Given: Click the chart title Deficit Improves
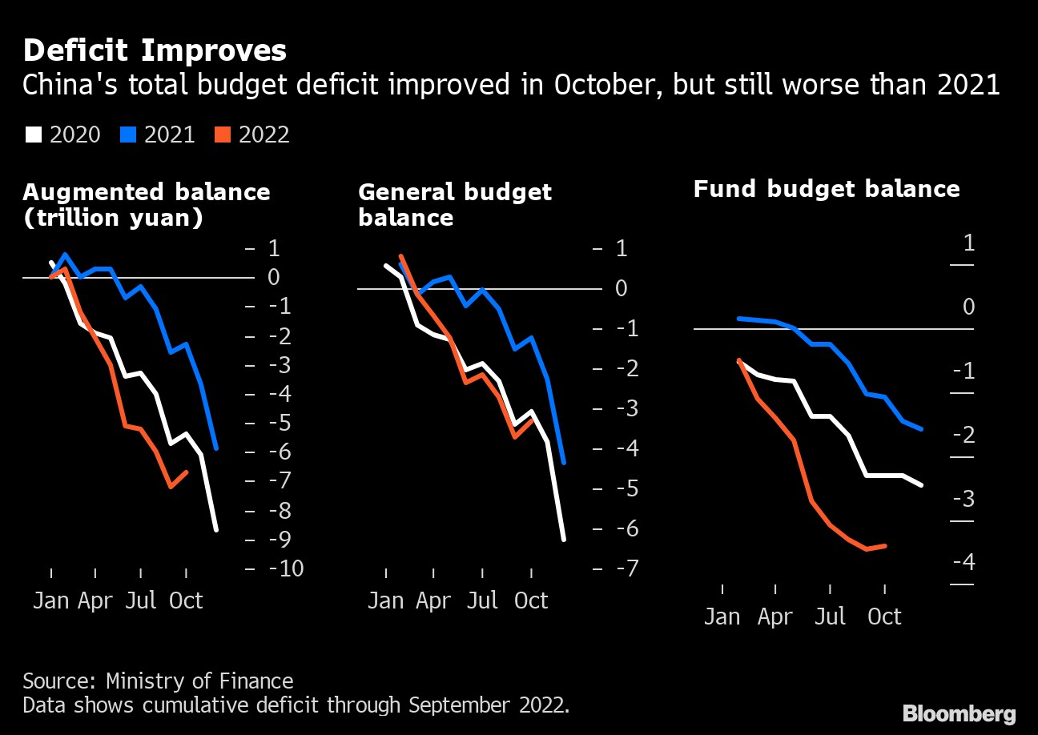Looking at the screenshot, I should coord(155,51).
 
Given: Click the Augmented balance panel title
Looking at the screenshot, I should coord(147,205).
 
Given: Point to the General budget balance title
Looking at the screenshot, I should coord(455,205).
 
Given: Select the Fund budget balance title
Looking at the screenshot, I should coord(826,189).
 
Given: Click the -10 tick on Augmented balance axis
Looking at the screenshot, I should coord(285,569).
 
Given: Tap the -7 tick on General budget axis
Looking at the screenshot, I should coord(621,569).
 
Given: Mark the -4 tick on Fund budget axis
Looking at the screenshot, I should coord(963,563).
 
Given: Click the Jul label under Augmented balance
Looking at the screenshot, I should coord(141,600).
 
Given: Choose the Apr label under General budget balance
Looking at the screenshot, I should coord(433,600).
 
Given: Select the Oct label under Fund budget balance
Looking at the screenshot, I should coord(885,617).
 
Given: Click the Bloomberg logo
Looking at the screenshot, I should coord(959,713).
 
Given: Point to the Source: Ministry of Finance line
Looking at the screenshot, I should coord(158,681).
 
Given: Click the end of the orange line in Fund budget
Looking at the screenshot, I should coord(885,546).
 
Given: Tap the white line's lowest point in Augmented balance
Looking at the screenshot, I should coord(216,529).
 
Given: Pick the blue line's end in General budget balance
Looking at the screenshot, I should coord(565,463).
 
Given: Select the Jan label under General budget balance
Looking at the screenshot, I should coord(385,600).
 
